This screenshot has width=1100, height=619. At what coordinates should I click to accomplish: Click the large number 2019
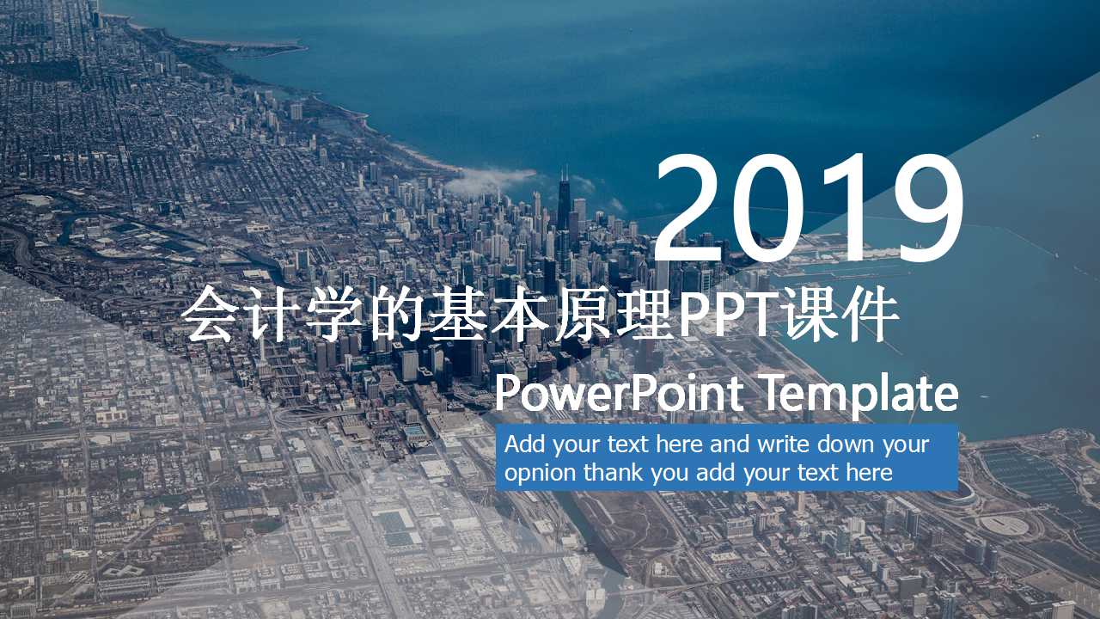(808, 209)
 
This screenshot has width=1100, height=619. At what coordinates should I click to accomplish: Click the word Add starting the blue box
(524, 445)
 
